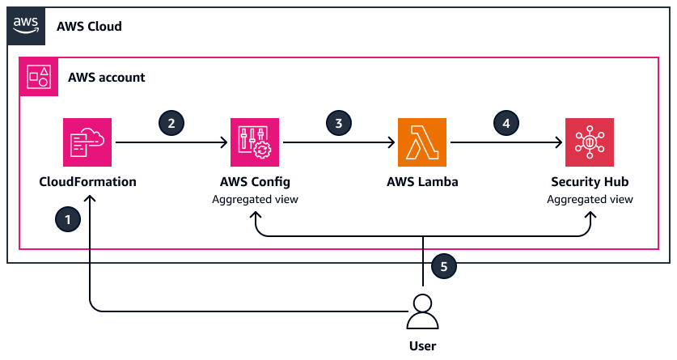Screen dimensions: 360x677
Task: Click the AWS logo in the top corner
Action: pyautogui.click(x=27, y=26)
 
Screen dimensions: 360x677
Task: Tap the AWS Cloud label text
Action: pyautogui.click(x=89, y=27)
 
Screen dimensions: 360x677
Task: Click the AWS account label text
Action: pyautogui.click(x=107, y=78)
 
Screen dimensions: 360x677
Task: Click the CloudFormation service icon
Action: pyautogui.click(x=87, y=142)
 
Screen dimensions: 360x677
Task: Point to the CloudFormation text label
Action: pyautogui.click(x=87, y=181)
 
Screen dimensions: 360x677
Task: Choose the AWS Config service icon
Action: pyautogui.click(x=255, y=142)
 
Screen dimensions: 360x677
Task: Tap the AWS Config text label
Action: pyautogui.click(x=255, y=181)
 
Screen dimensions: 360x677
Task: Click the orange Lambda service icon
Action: pyautogui.click(x=422, y=142)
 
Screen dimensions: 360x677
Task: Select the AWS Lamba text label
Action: pyautogui.click(x=422, y=181)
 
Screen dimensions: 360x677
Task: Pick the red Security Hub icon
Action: pyautogui.click(x=590, y=142)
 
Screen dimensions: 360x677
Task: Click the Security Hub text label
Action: pyautogui.click(x=590, y=181)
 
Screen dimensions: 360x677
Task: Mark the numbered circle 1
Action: pyautogui.click(x=67, y=218)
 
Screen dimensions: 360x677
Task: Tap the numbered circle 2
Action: pyautogui.click(x=171, y=123)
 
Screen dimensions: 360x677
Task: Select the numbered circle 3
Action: pyautogui.click(x=339, y=123)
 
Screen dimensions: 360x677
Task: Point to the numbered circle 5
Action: pyautogui.click(x=443, y=264)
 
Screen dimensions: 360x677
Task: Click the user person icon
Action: pyautogui.click(x=422, y=311)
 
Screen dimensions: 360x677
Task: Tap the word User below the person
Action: pyautogui.click(x=422, y=346)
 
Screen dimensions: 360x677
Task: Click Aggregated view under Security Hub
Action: pyautogui.click(x=590, y=199)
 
